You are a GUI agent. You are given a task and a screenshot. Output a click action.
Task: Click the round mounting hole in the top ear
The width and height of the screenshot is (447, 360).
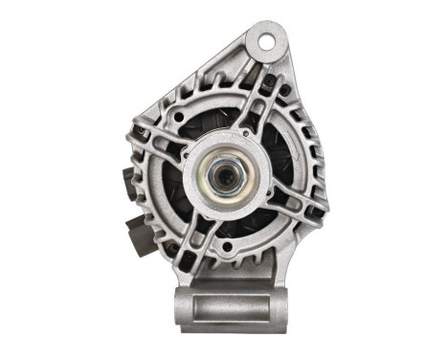pyautogui.click(x=265, y=39)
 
